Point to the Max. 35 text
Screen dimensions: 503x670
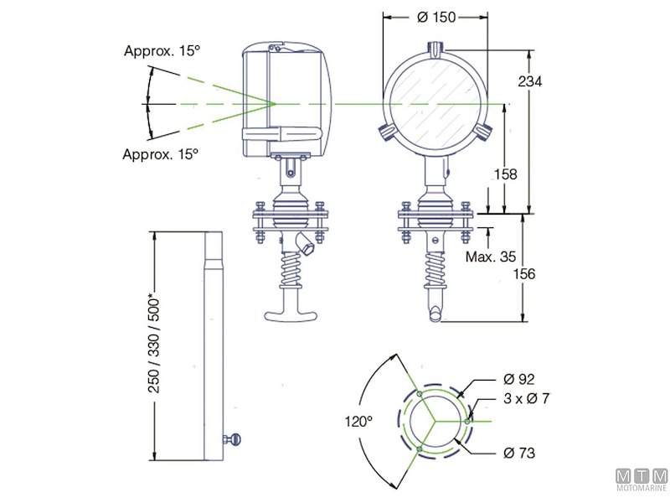(490, 257)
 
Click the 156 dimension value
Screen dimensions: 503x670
(537, 273)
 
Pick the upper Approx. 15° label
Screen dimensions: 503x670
(162, 51)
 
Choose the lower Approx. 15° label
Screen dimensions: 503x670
(161, 154)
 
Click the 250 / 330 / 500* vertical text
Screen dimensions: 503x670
(152, 345)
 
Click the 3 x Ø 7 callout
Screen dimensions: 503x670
(526, 399)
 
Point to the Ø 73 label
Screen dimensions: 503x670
(520, 453)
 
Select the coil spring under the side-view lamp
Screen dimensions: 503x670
(289, 268)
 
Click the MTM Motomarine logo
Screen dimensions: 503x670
(641, 480)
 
